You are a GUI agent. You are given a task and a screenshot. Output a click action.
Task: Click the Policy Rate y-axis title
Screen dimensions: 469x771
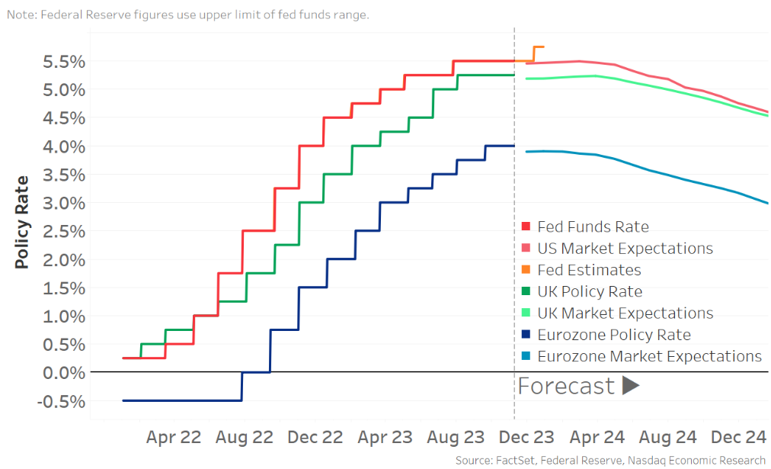[x=22, y=222]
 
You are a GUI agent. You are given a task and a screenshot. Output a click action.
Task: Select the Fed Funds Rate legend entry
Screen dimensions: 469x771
[x=593, y=226]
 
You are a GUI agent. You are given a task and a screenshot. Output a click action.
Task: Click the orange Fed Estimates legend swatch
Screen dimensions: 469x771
[x=526, y=270]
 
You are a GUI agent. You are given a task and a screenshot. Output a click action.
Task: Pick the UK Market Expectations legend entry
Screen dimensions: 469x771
[x=625, y=313]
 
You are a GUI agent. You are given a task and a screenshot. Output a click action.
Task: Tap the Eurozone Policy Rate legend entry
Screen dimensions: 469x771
[x=613, y=335]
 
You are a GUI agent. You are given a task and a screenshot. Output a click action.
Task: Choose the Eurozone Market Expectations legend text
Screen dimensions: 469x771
[x=649, y=356]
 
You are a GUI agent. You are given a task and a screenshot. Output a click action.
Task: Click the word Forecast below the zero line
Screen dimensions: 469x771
[x=566, y=386]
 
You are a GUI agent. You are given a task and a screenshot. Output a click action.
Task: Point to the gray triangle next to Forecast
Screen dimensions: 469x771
[x=630, y=386]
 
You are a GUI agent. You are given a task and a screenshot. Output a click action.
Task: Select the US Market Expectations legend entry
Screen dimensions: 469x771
[x=625, y=249]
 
